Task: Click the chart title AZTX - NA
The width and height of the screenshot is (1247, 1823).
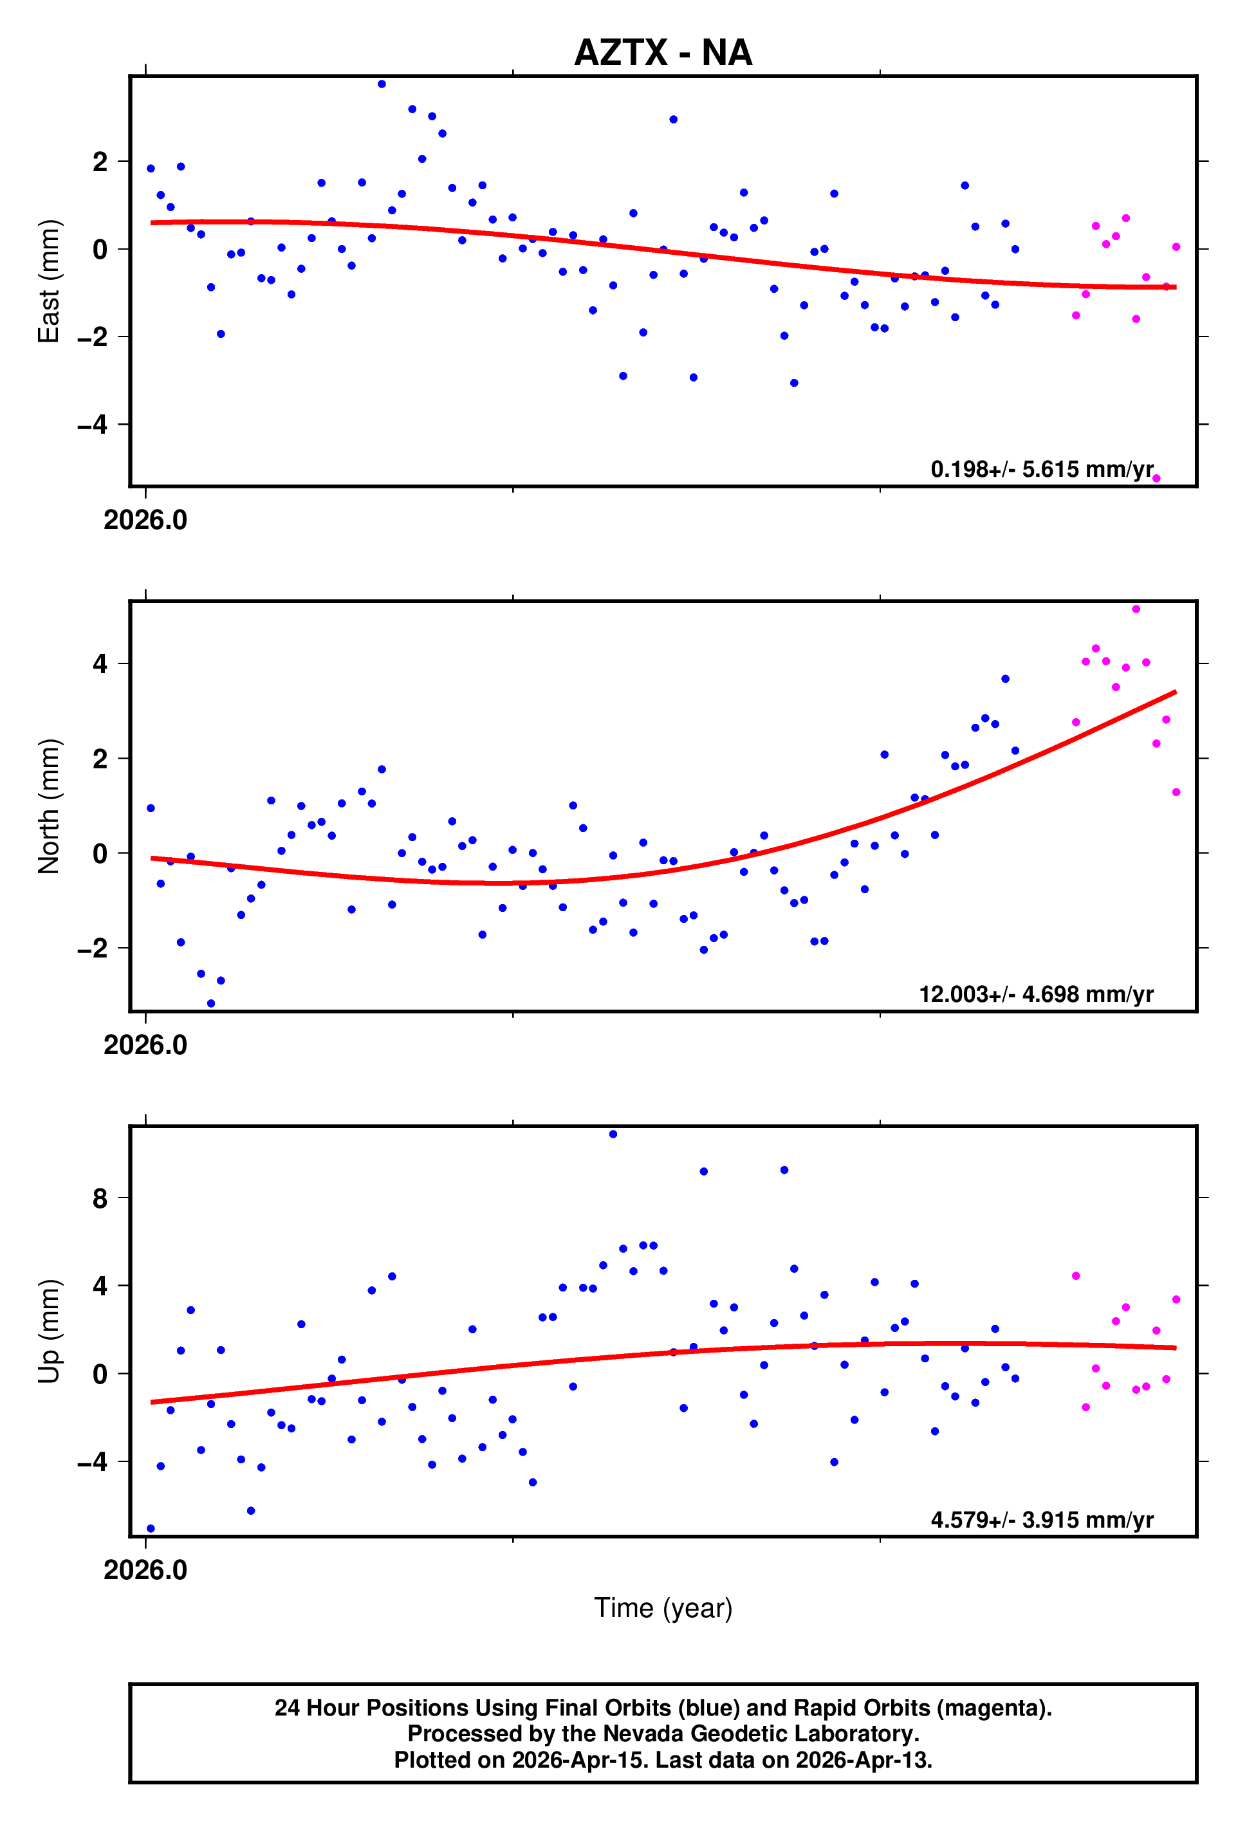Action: tap(663, 53)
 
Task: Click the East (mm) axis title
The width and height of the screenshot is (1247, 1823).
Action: tap(49, 281)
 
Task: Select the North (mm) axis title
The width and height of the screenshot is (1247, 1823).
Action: tap(49, 806)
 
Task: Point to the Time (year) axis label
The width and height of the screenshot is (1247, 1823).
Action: tap(663, 1607)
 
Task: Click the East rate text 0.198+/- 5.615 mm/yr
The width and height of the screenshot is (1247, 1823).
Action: tap(1042, 469)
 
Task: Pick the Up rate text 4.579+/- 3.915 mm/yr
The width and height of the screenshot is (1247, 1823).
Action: tap(1042, 1519)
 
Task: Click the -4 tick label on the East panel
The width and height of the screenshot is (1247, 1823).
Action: tap(93, 424)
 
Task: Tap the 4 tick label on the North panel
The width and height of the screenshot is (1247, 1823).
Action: tap(100, 663)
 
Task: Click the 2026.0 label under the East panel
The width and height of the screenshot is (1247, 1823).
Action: tap(146, 520)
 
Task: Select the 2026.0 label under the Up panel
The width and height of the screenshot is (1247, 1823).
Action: tap(146, 1569)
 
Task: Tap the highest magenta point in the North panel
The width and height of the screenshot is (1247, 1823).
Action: tap(1136, 609)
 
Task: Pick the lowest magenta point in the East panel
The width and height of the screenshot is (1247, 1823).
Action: tap(1156, 479)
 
